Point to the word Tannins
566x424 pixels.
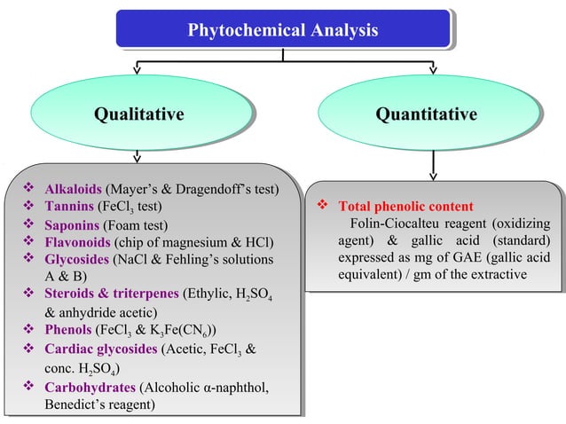tap(69, 208)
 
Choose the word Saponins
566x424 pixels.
tap(73, 225)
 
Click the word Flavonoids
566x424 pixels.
tap(77, 242)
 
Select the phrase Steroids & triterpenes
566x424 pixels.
tap(112, 294)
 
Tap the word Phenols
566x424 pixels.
tap(68, 330)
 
